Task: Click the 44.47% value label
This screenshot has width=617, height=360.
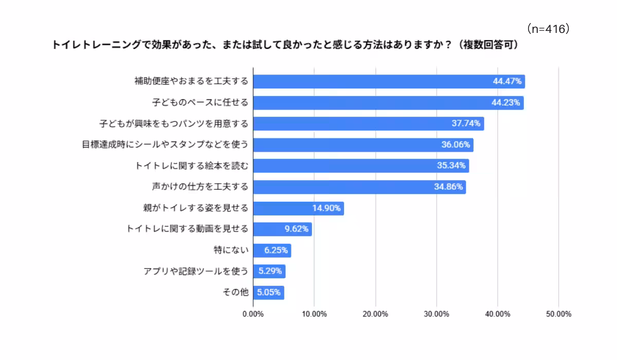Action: tap(507, 81)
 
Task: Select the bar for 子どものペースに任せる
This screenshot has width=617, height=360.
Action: tap(388, 102)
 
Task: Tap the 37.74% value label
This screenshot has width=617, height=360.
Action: tap(466, 123)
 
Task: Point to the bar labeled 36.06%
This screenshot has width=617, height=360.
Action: tap(363, 145)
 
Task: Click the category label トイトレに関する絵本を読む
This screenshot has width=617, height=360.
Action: tap(192, 166)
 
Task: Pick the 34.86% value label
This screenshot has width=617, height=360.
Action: tap(448, 187)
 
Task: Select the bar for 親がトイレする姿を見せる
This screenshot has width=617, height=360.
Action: tap(298, 208)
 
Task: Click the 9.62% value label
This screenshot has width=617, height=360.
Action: tap(297, 229)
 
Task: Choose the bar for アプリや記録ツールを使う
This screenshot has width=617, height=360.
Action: tap(269, 272)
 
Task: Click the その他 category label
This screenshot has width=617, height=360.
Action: tap(235, 293)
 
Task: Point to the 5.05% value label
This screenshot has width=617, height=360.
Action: tap(269, 293)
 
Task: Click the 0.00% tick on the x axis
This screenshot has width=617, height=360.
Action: tap(253, 314)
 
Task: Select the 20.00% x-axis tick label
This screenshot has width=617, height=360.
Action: tap(375, 314)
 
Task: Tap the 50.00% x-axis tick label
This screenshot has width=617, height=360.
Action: tap(559, 314)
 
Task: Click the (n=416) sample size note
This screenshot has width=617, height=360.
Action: tap(548, 29)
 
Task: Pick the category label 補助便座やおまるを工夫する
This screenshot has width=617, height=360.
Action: tap(191, 81)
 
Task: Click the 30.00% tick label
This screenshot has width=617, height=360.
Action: tap(437, 314)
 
